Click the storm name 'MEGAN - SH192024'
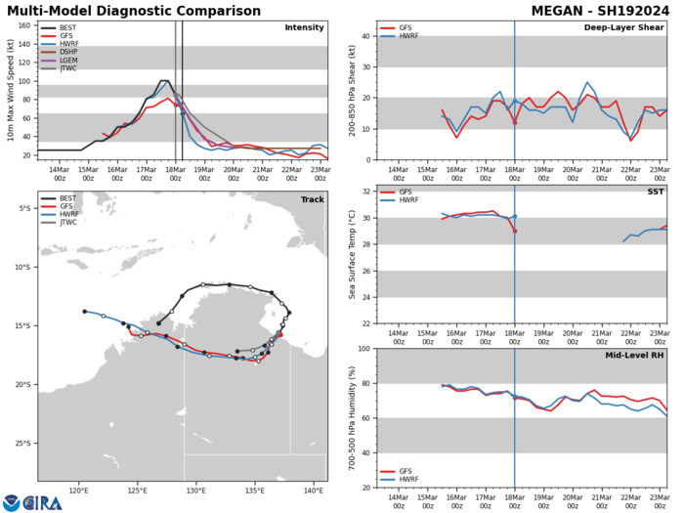pyautogui.click(x=598, y=10)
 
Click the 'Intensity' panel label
pyautogui.click(x=304, y=28)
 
